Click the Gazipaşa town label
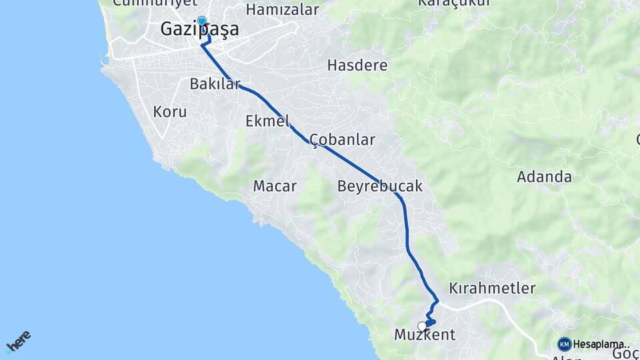pyautogui.click(x=200, y=31)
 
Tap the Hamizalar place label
pyautogui.click(x=282, y=9)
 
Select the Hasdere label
pyautogui.click(x=357, y=65)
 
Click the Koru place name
pyautogui.click(x=170, y=111)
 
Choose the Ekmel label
pyautogui.click(x=268, y=121)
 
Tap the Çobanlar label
pyautogui.click(x=342, y=140)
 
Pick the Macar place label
pyautogui.click(x=275, y=186)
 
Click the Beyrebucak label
pyautogui.click(x=380, y=186)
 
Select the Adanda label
pyautogui.click(x=545, y=177)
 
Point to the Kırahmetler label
pyautogui.click(x=493, y=289)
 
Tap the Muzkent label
pyautogui.click(x=425, y=334)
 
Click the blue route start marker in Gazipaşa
pyautogui.click(x=201, y=21)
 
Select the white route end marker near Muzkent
pyautogui.click(x=421, y=326)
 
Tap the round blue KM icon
pyautogui.click(x=565, y=344)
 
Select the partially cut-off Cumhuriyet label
pyautogui.click(x=151, y=3)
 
